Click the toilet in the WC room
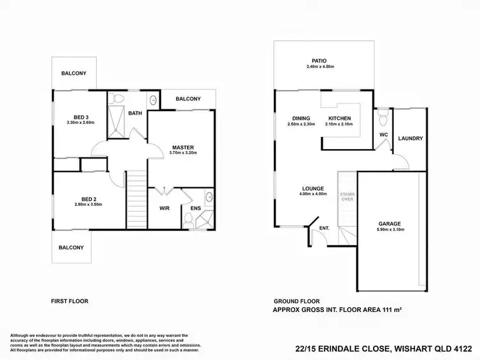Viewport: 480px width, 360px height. [x=383, y=118]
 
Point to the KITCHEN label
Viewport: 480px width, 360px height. [x=339, y=119]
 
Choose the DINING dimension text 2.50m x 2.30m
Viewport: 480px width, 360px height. [x=301, y=125]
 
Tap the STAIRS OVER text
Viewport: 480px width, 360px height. [x=346, y=195]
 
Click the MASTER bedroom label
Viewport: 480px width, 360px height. [x=182, y=147]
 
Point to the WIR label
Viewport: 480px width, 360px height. [x=164, y=208]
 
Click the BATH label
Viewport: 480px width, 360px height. [x=135, y=113]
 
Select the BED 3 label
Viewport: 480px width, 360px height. [x=81, y=116]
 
